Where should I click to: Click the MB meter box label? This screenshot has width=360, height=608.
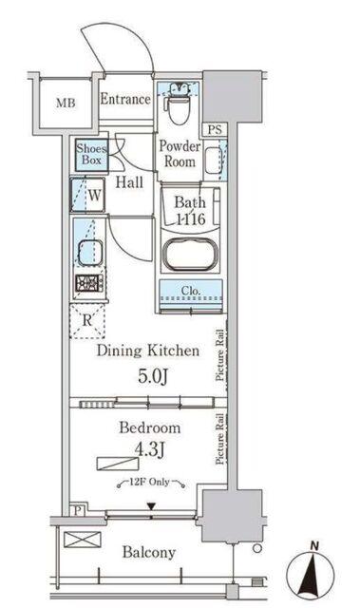(66, 104)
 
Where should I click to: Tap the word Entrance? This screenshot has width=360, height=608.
(125, 99)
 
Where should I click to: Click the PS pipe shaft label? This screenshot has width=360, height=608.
(215, 129)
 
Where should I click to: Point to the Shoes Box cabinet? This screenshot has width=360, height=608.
(91, 155)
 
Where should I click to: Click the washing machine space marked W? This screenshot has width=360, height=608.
(87, 195)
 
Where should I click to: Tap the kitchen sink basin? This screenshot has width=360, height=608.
(90, 253)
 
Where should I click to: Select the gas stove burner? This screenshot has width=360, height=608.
(89, 283)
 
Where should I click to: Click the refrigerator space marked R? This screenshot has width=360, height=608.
(87, 321)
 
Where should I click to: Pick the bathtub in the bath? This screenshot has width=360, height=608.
(190, 254)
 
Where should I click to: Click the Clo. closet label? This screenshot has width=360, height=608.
(191, 290)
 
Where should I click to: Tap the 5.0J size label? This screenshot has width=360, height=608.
(153, 376)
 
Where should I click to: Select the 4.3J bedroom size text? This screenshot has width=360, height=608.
(149, 449)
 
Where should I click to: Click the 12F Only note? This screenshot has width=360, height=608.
(149, 482)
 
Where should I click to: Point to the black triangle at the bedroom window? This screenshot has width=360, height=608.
(151, 506)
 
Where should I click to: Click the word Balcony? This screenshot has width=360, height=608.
(149, 552)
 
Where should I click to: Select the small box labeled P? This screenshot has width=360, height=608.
(78, 510)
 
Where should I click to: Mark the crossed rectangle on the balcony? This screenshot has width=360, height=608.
(82, 540)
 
